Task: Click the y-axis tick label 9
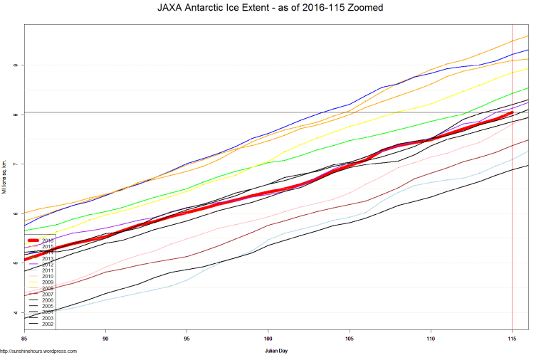click(15, 65)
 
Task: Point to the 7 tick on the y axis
click(15, 164)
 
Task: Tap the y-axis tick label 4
click(15, 312)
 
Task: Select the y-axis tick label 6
click(15, 213)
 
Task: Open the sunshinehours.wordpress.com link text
click(38, 351)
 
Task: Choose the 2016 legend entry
click(48, 240)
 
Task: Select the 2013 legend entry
click(48, 258)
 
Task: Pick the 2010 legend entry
click(48, 276)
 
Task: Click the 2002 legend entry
click(48, 324)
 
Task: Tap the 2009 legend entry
click(48, 282)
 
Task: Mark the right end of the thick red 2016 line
click(512, 112)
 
